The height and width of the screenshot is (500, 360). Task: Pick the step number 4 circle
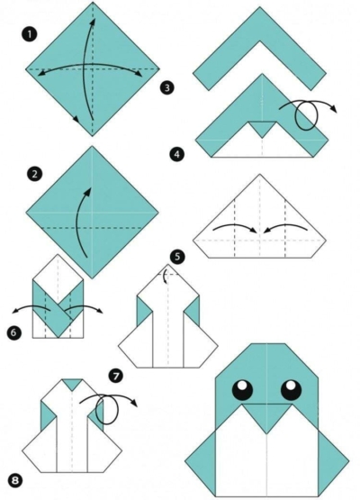pyautogui.click(x=176, y=155)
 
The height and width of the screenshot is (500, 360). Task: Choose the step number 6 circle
pyautogui.click(x=13, y=333)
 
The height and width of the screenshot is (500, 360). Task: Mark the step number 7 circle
pyautogui.click(x=115, y=374)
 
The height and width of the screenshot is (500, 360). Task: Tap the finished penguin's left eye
pyautogui.click(x=243, y=389)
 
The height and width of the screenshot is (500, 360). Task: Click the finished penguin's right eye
pyautogui.click(x=290, y=389)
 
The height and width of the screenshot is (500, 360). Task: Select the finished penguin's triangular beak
pyautogui.click(x=266, y=417)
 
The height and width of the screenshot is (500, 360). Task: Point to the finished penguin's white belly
pyautogui.click(x=267, y=455)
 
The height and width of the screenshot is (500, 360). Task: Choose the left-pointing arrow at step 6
pyautogui.click(x=34, y=312)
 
